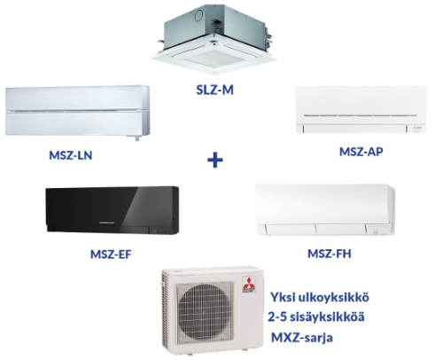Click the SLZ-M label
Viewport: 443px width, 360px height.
coord(214,90)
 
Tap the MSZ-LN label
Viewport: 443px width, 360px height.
coord(71,155)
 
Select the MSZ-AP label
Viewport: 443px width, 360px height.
coord(361,152)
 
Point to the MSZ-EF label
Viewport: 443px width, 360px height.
coord(111,254)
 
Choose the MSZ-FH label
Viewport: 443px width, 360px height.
coord(330,254)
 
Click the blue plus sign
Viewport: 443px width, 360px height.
coord(215,160)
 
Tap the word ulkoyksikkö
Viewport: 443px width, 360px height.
coord(334,297)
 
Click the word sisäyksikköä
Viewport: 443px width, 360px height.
coord(327,317)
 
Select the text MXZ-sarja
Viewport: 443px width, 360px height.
coord(302,338)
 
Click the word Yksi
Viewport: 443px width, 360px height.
coord(283,297)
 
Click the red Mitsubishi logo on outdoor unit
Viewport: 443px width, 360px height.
coord(248,285)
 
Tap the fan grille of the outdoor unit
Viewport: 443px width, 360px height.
coord(205,311)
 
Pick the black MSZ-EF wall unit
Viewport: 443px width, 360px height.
coord(113,210)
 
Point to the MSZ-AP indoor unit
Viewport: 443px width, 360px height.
coord(361,109)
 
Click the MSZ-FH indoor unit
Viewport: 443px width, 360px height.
coord(325,210)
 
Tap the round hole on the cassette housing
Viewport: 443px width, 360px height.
coord(198,14)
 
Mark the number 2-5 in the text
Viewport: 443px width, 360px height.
coord(276,317)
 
